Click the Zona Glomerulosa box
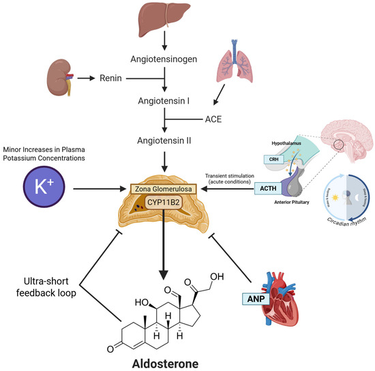pos(164,187)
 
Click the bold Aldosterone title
pos(161,362)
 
